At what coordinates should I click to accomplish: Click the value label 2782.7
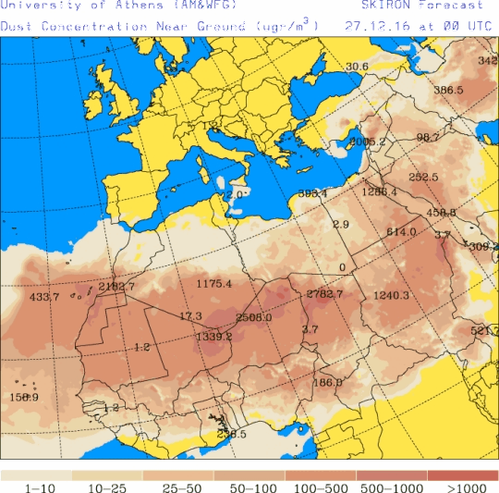[324, 294]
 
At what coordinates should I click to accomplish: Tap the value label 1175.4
[213, 283]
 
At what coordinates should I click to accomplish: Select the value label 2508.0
[253, 317]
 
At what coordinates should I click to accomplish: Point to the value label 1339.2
[213, 337]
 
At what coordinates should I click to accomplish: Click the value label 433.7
[44, 297]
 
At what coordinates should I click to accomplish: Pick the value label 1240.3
[391, 295]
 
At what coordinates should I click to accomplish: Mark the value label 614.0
[402, 232]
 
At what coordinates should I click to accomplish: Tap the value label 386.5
[448, 90]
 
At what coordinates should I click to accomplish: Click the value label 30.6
[357, 67]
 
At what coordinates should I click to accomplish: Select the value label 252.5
[423, 177]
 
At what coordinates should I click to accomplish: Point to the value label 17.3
[190, 316]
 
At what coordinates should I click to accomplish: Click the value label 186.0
[327, 382]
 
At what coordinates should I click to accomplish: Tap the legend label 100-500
[320, 487]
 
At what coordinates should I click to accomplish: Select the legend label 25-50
[178, 487]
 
